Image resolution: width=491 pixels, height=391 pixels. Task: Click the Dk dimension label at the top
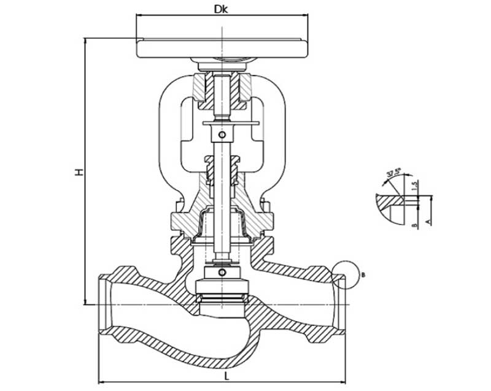[x=221, y=9]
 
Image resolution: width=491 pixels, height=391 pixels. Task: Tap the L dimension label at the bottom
[x=226, y=374]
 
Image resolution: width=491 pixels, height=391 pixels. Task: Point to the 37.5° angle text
[x=394, y=173]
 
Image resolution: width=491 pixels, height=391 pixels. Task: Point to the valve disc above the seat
[x=222, y=286]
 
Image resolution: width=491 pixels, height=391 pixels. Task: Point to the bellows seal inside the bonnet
[x=222, y=223]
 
